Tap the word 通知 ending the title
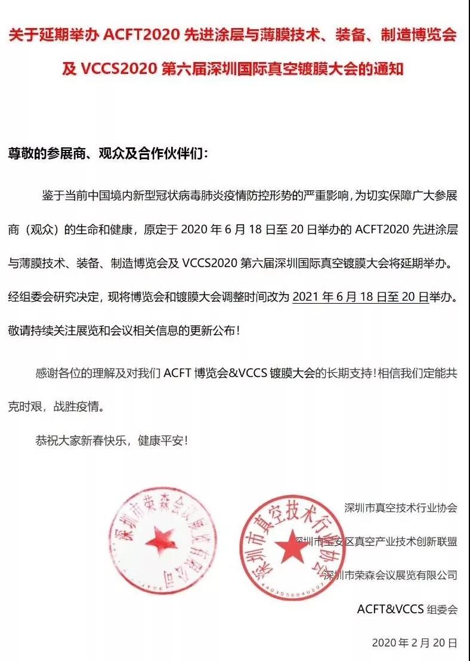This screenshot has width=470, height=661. pyautogui.click(x=388, y=69)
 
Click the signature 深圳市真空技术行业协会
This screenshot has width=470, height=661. pyautogui.click(x=400, y=508)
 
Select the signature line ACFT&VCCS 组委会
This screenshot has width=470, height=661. pyautogui.click(x=407, y=609)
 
